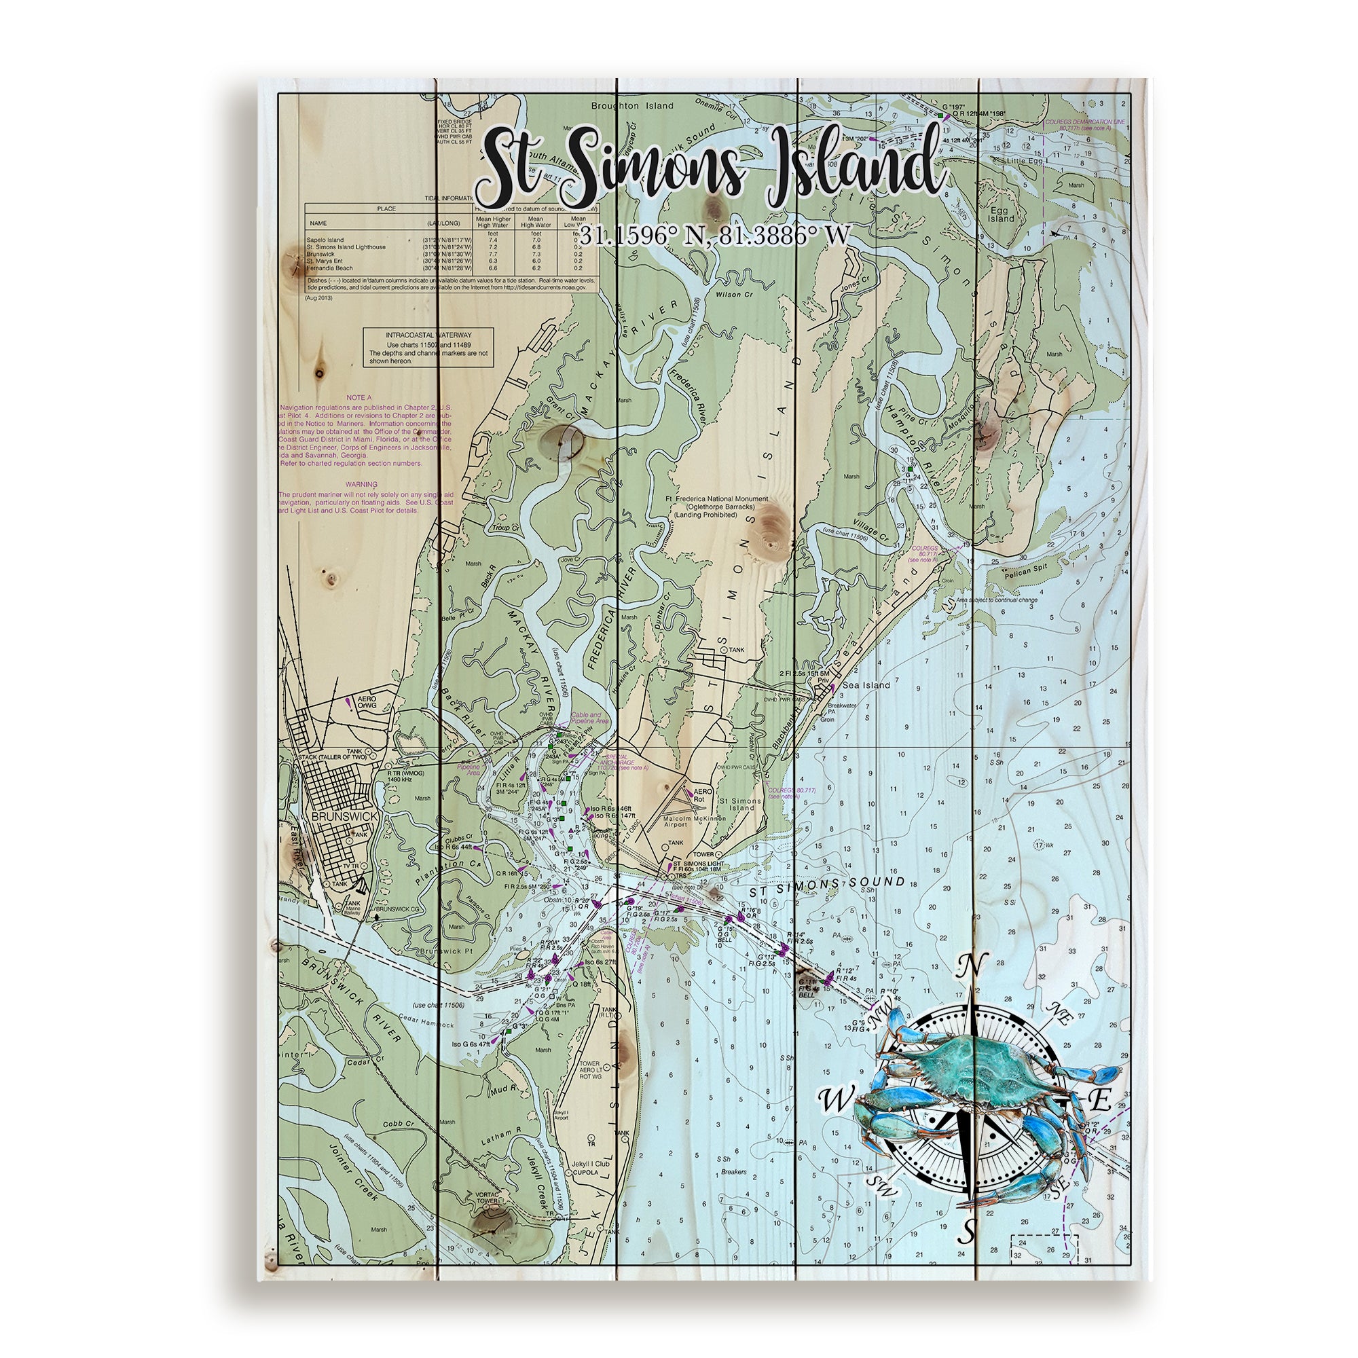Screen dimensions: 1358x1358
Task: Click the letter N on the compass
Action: (x=974, y=965)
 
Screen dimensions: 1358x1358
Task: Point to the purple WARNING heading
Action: (x=361, y=483)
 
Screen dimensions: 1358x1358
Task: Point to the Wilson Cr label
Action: (x=733, y=295)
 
